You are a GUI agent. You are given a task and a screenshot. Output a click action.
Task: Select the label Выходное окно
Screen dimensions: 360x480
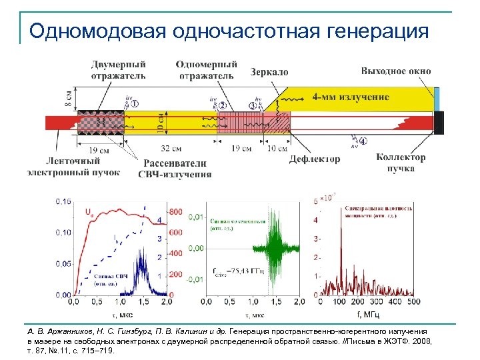(x=396, y=71)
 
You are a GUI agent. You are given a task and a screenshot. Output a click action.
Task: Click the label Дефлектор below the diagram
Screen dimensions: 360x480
(x=315, y=159)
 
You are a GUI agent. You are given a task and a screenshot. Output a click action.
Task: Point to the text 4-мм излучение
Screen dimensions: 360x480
(x=351, y=97)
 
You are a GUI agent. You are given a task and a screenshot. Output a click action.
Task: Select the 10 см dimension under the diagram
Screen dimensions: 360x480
(x=278, y=148)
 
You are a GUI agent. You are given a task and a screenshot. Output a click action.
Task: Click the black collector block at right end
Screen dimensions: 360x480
(x=439, y=122)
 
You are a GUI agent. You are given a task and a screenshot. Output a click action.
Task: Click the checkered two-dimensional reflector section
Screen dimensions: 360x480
(x=101, y=122)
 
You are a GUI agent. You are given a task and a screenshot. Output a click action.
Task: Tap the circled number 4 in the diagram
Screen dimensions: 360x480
(x=363, y=141)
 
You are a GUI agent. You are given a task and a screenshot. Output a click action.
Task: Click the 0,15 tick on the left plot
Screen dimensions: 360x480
(x=63, y=201)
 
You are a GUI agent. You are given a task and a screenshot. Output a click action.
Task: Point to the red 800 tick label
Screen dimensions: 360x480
(x=175, y=212)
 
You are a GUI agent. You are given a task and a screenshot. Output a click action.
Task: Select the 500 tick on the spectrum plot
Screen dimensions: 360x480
(x=414, y=302)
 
